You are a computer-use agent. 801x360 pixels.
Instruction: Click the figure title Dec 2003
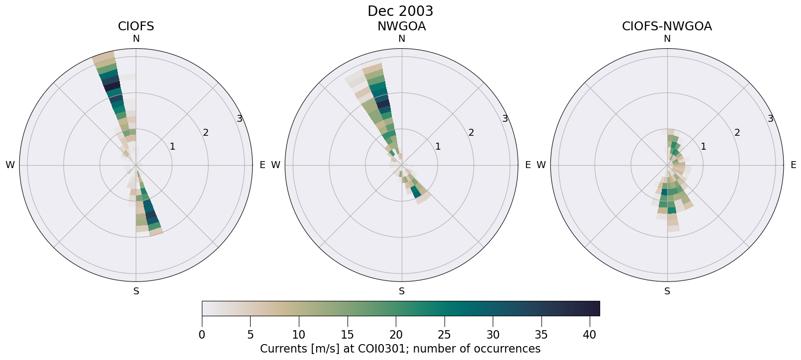[400, 11]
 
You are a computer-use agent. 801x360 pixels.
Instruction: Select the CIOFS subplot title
[136, 26]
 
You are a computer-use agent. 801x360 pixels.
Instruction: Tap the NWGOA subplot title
[401, 26]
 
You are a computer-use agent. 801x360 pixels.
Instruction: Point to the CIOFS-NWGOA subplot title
[667, 26]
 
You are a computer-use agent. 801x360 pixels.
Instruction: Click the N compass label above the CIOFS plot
[136, 39]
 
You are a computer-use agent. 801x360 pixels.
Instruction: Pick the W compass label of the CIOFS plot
[10, 165]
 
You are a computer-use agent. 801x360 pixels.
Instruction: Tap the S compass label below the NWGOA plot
[401, 291]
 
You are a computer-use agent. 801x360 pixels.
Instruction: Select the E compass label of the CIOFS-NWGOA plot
[793, 165]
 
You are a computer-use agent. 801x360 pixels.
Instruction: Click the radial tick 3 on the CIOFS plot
[240, 118]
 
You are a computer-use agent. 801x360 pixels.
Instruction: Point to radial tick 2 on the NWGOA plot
[471, 132]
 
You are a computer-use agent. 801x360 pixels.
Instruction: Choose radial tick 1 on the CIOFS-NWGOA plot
[703, 146]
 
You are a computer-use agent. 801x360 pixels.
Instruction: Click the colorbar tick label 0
[202, 335]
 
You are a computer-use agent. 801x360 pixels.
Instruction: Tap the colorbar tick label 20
[396, 335]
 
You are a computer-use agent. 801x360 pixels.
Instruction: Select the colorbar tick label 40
[590, 335]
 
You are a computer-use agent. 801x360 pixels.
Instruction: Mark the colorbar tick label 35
[541, 335]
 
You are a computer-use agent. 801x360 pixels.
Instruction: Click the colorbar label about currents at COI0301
[400, 349]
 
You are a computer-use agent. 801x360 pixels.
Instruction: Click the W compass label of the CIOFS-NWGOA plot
[541, 165]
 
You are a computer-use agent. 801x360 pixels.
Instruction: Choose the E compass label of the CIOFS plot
[262, 165]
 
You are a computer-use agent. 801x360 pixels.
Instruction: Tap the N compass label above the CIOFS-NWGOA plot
[667, 39]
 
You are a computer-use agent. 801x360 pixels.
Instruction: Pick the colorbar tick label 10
[299, 335]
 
